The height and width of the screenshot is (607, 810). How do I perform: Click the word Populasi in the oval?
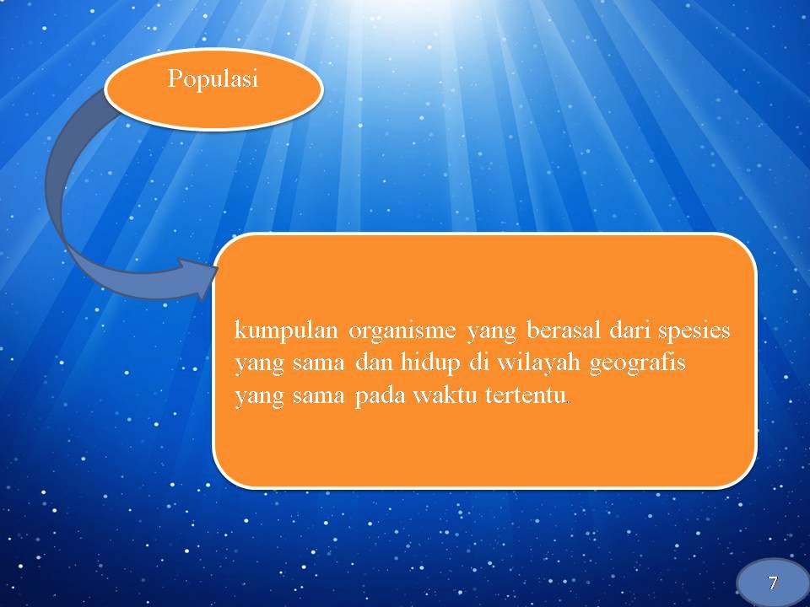pyautogui.click(x=213, y=80)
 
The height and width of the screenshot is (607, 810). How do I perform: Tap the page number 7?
pyautogui.click(x=773, y=583)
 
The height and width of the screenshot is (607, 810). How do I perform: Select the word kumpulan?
pyautogui.click(x=286, y=330)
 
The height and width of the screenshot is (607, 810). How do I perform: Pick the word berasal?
pyautogui.click(x=563, y=330)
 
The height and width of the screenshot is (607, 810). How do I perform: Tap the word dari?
pyautogui.click(x=628, y=330)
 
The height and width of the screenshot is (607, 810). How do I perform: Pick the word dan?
pyautogui.click(x=374, y=363)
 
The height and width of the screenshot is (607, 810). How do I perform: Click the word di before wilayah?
pyautogui.click(x=478, y=363)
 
